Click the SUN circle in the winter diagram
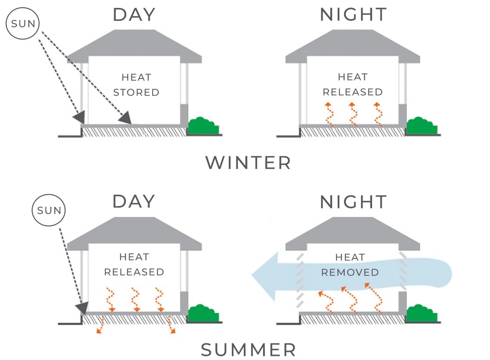pyautogui.click(x=23, y=23)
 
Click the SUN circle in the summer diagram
pyautogui.click(x=49, y=210)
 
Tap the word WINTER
pyautogui.click(x=248, y=163)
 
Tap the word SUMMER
pyautogui.click(x=248, y=350)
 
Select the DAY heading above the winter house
pyautogui.click(x=134, y=14)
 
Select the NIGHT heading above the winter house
pyautogui.click(x=353, y=14)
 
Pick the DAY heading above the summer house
pyautogui.click(x=134, y=201)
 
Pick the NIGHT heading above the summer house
pyautogui.click(x=353, y=202)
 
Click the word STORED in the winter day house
pyautogui.click(x=136, y=92)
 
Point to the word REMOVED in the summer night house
pyautogui.click(x=350, y=272)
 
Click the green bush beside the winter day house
pyautogui.click(x=203, y=126)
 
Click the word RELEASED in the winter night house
pyautogui.click(x=353, y=92)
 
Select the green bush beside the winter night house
pyautogui.click(x=422, y=126)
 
